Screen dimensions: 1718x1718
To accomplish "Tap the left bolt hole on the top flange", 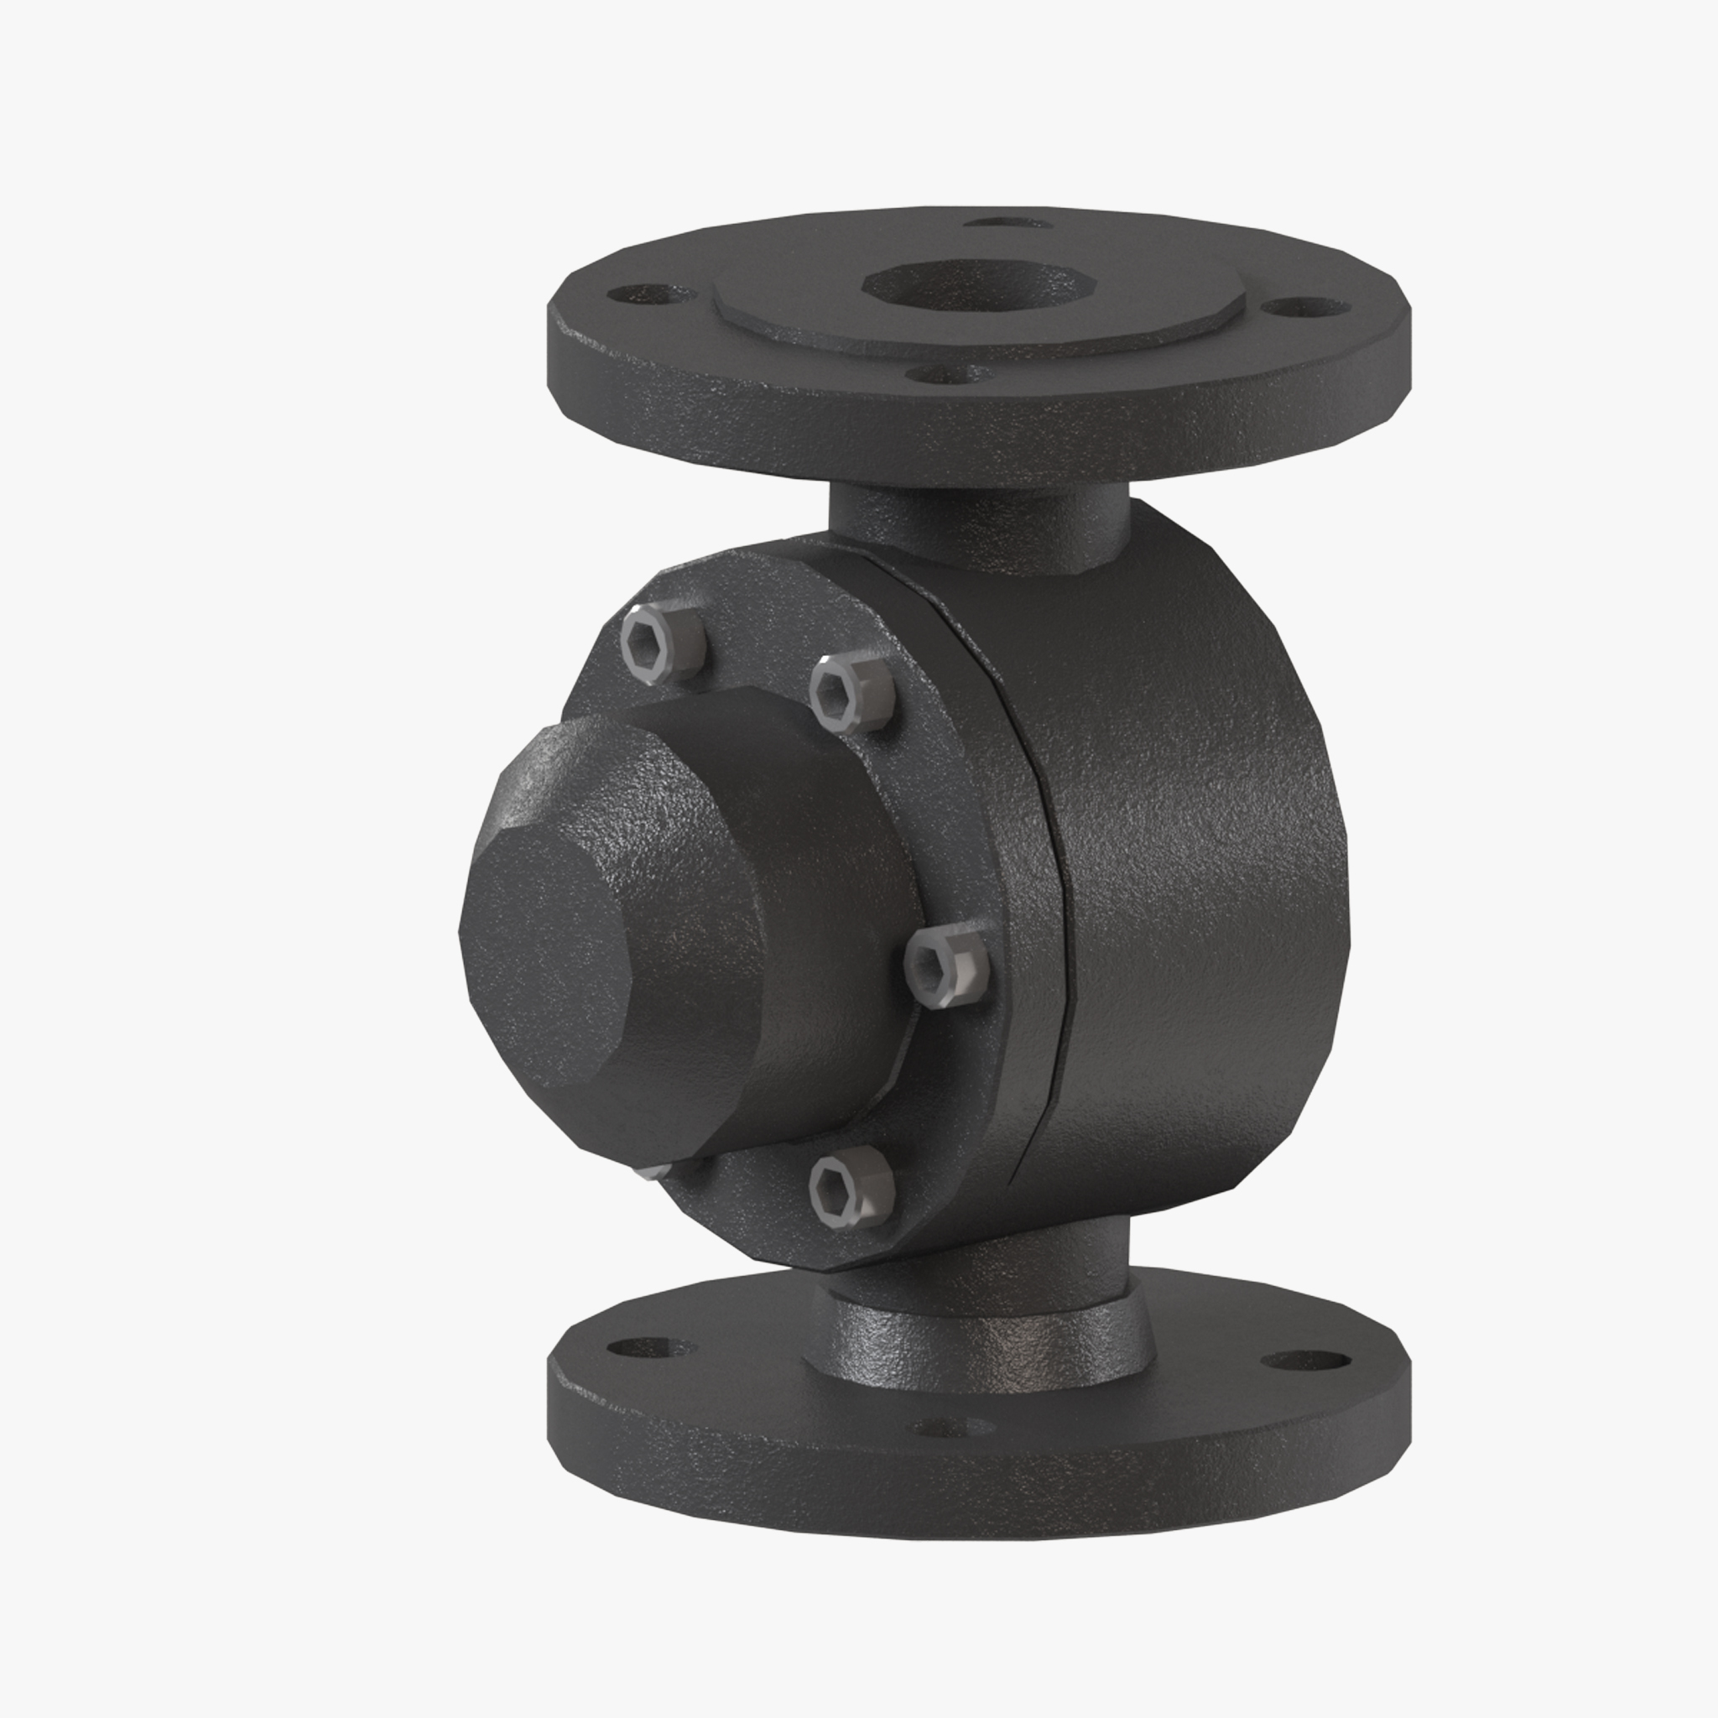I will coord(650,294).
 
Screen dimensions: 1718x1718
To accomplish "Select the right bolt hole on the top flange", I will coord(1304,308).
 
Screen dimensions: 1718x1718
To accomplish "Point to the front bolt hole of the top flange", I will coord(951,374).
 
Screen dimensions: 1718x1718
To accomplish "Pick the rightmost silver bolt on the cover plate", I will coord(948,966).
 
